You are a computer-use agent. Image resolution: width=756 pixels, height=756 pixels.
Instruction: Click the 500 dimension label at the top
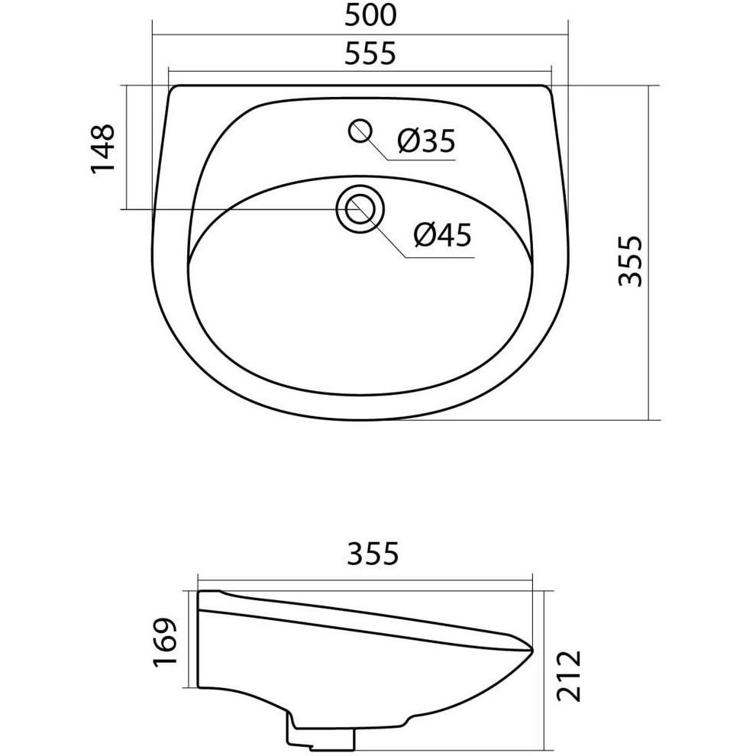pos(371,15)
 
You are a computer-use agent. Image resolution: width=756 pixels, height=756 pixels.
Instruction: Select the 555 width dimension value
pos(371,53)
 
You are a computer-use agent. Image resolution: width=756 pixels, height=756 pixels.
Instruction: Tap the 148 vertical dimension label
pos(102,148)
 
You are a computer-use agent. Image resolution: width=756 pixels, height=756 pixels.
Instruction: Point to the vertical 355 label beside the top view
pos(631,261)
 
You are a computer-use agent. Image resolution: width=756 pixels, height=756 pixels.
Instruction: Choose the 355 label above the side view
pos(373,554)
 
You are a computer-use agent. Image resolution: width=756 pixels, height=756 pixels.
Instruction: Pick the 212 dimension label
pos(570,676)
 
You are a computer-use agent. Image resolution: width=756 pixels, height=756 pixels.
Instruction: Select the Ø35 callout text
pos(426,141)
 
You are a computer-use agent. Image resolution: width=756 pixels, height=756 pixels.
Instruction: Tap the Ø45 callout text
pos(443,236)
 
